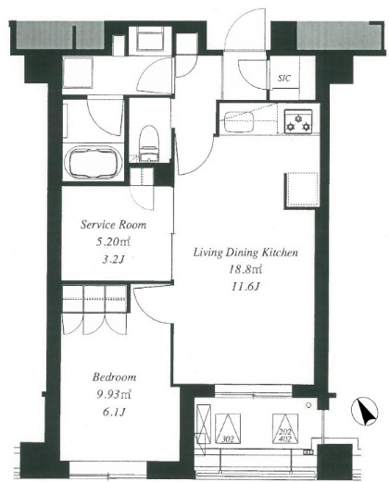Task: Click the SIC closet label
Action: pyautogui.click(x=284, y=78)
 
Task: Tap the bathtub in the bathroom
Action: pyautogui.click(x=94, y=162)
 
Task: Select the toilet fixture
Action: pyautogui.click(x=149, y=143)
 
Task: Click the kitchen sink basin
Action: pyautogui.click(x=238, y=122)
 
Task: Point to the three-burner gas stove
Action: pyautogui.click(x=298, y=121)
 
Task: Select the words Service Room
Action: pyautogui.click(x=113, y=225)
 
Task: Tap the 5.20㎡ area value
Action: pyautogui.click(x=113, y=241)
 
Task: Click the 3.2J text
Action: pyautogui.click(x=113, y=260)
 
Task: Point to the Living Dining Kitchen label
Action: pyautogui.click(x=245, y=253)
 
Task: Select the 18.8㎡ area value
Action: pyautogui.click(x=245, y=269)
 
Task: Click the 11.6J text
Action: pyautogui.click(x=245, y=287)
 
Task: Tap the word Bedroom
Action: pyautogui.click(x=114, y=377)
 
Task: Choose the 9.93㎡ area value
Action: pyautogui.click(x=114, y=394)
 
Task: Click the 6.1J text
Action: pyautogui.click(x=114, y=412)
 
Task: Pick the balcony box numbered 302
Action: pyautogui.click(x=228, y=428)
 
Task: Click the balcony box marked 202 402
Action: pyautogui.click(x=285, y=428)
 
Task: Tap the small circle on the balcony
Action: pyautogui.click(x=308, y=405)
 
